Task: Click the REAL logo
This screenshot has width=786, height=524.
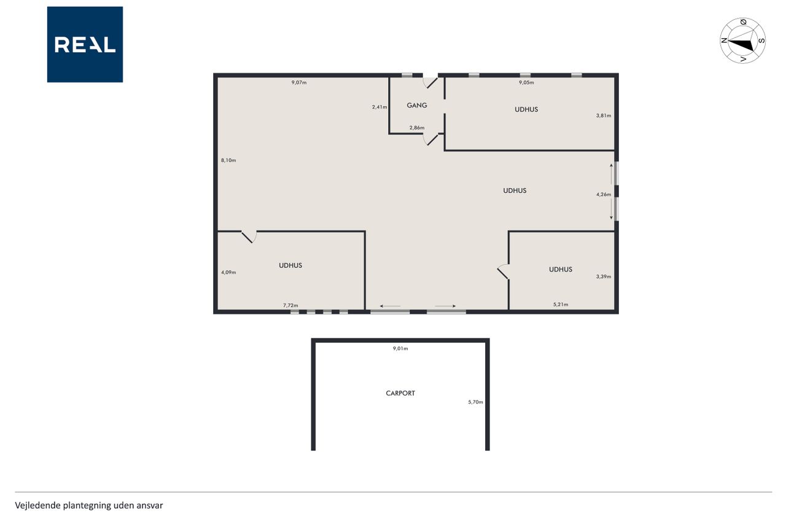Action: click(x=85, y=45)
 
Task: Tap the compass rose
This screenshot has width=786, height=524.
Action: click(x=742, y=41)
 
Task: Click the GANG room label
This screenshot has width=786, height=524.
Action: click(x=417, y=105)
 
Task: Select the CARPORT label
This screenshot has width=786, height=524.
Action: click(x=400, y=393)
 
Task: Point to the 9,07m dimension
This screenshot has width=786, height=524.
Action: click(x=299, y=82)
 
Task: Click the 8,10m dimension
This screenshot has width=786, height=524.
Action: click(x=228, y=160)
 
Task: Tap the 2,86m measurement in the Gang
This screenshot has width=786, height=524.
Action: click(x=417, y=128)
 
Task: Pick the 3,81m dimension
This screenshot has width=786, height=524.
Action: click(x=604, y=115)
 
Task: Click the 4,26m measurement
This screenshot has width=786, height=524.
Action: click(x=604, y=195)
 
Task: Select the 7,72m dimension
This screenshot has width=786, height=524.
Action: click(x=290, y=306)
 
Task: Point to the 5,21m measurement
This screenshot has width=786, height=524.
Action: click(x=561, y=305)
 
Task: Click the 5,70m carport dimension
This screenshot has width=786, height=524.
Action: click(x=475, y=402)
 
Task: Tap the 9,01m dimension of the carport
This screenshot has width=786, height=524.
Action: click(x=400, y=348)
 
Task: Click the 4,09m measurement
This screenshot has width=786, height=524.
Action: click(x=228, y=272)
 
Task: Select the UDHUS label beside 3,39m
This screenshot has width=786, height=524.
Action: click(x=561, y=270)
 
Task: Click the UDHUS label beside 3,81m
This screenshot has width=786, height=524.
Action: click(x=526, y=109)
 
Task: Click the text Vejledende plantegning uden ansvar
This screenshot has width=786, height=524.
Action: click(x=89, y=506)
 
